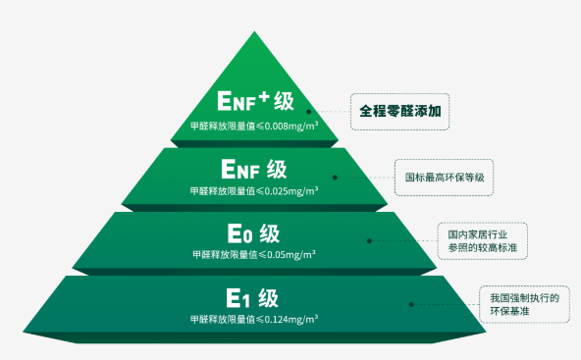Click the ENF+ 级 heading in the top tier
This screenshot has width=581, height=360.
[256, 101]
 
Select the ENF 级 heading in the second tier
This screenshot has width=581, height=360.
[254, 170]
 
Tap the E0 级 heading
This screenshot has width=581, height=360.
[253, 233]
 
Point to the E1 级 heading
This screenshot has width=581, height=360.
[252, 298]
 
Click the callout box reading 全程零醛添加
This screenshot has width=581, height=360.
[400, 112]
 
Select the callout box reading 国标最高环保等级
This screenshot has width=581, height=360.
[444, 178]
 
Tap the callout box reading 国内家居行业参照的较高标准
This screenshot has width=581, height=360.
[483, 240]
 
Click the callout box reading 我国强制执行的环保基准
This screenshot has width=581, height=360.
[524, 304]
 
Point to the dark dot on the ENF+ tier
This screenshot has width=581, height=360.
[308, 112]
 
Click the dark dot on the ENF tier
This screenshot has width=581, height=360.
[335, 178]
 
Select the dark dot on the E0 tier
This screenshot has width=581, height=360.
[369, 240]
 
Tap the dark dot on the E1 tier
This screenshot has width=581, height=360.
[411, 304]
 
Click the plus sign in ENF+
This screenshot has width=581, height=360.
[264, 97]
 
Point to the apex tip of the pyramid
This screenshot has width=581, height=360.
[254, 31]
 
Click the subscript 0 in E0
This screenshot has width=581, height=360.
[247, 236]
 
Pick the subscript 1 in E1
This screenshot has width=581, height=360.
[246, 300]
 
